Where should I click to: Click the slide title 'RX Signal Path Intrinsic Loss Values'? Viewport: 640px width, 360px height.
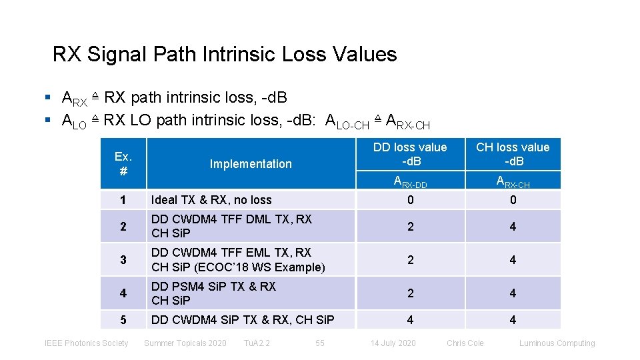225,54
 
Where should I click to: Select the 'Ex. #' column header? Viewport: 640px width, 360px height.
123,163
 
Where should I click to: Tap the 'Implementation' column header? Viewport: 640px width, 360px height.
251,164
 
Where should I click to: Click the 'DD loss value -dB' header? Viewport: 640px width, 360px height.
410,154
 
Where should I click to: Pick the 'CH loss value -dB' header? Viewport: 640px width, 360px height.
513,154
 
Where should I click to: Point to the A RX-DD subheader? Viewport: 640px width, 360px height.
410,181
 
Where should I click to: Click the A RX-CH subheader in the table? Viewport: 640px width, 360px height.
513,181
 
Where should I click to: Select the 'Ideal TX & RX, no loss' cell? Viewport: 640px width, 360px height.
211,199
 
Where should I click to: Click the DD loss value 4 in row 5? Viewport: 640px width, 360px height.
410,320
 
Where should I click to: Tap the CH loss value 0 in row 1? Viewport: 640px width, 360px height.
513,199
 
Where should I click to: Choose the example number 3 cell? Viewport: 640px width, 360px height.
123,260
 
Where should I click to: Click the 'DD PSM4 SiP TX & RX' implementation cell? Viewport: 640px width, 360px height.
213,293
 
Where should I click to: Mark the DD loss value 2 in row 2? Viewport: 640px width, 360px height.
410,227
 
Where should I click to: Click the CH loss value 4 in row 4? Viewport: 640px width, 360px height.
513,293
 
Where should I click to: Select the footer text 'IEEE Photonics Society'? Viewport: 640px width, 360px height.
86,343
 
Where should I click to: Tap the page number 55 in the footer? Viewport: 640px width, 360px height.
320,343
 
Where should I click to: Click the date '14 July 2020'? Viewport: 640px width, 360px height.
393,343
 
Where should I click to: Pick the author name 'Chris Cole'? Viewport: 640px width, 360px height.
465,343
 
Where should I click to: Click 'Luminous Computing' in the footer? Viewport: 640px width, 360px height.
557,343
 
